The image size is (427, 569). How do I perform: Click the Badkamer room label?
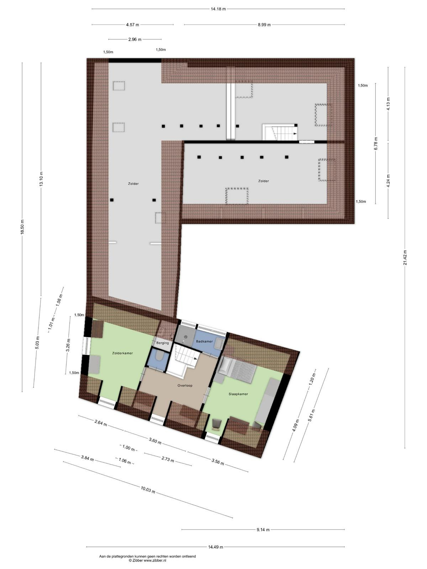[204, 341]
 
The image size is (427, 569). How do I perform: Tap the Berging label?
[163, 343]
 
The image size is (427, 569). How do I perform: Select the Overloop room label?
[185, 385]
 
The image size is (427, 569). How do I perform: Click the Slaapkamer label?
[238, 394]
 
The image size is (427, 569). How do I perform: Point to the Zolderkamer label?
[122, 353]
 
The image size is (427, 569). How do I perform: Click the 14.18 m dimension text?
[218, 9]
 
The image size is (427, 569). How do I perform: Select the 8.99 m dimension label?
[264, 25]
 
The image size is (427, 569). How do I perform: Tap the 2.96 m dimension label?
[135, 39]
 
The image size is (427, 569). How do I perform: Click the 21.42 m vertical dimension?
[405, 257]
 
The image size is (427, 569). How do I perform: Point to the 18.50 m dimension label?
[22, 227]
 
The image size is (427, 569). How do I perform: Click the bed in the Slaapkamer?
[237, 369]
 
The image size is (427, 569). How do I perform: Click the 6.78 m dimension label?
[376, 143]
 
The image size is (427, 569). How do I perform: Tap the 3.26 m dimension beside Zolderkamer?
[68, 345]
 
